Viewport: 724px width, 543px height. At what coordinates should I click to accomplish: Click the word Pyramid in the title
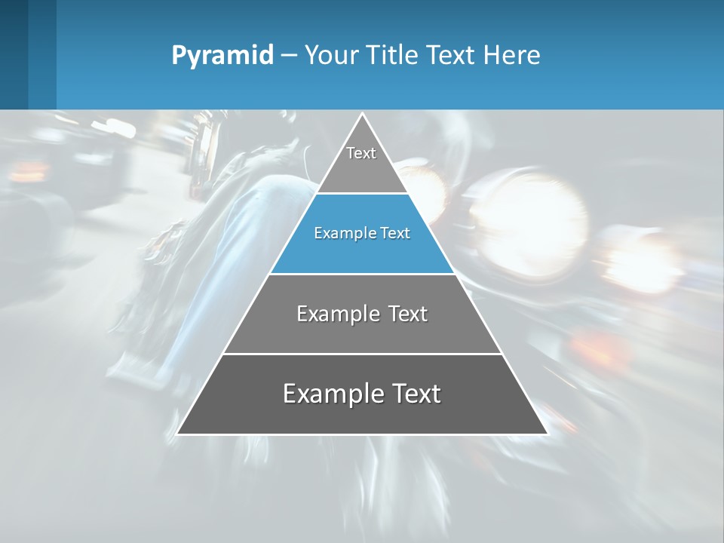(x=222, y=56)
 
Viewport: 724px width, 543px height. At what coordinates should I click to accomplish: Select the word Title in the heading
(x=394, y=55)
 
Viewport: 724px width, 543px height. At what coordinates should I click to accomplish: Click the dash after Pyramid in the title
(x=289, y=56)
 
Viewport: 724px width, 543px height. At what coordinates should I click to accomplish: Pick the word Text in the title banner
(x=452, y=55)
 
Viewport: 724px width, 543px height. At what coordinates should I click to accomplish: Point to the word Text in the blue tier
(x=395, y=233)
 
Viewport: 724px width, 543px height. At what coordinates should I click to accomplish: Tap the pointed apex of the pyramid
(x=362, y=115)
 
